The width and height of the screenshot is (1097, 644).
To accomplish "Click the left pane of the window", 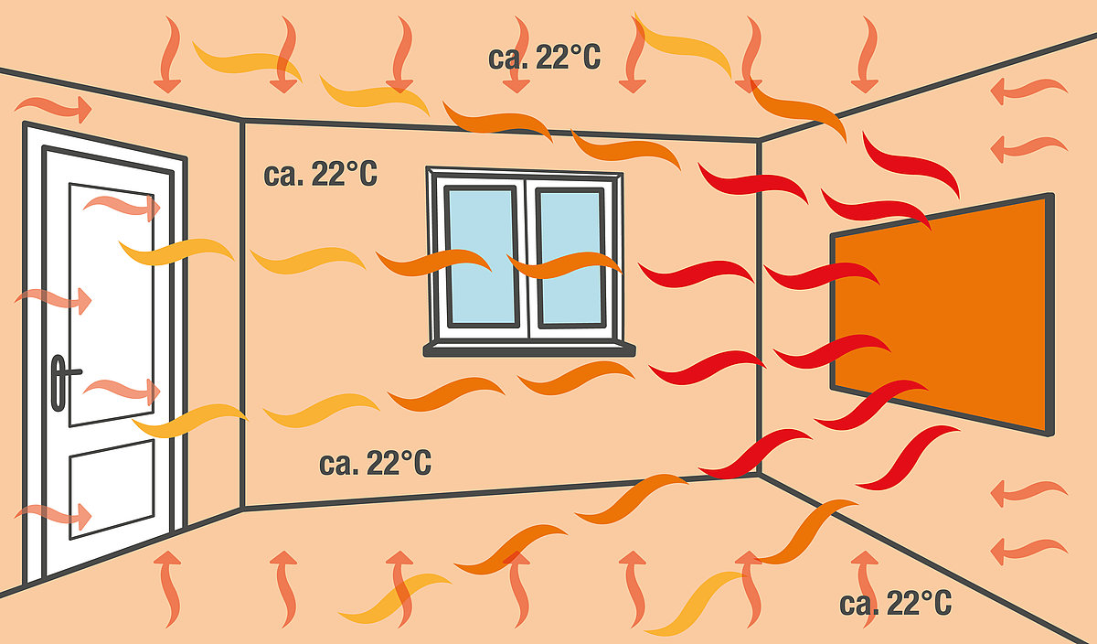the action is point(483,256).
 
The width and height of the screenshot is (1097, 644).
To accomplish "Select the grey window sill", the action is point(529,350).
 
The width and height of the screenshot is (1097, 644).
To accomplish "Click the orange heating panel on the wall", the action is point(943,314).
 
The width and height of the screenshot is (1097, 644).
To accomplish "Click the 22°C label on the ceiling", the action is point(544,58).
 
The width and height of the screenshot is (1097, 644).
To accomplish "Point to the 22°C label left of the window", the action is point(320,174).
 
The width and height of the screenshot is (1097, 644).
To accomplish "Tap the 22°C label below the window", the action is point(375,463).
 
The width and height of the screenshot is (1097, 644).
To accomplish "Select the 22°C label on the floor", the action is point(896,604).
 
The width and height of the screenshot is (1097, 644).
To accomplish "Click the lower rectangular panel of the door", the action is point(112,489).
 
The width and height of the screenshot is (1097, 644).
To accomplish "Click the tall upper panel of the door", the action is point(112,305).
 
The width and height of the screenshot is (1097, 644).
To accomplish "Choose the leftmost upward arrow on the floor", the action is point(168,588).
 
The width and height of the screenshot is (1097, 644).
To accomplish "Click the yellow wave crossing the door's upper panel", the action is point(176,252).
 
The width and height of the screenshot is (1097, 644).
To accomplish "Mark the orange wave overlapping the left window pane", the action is point(433,263).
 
